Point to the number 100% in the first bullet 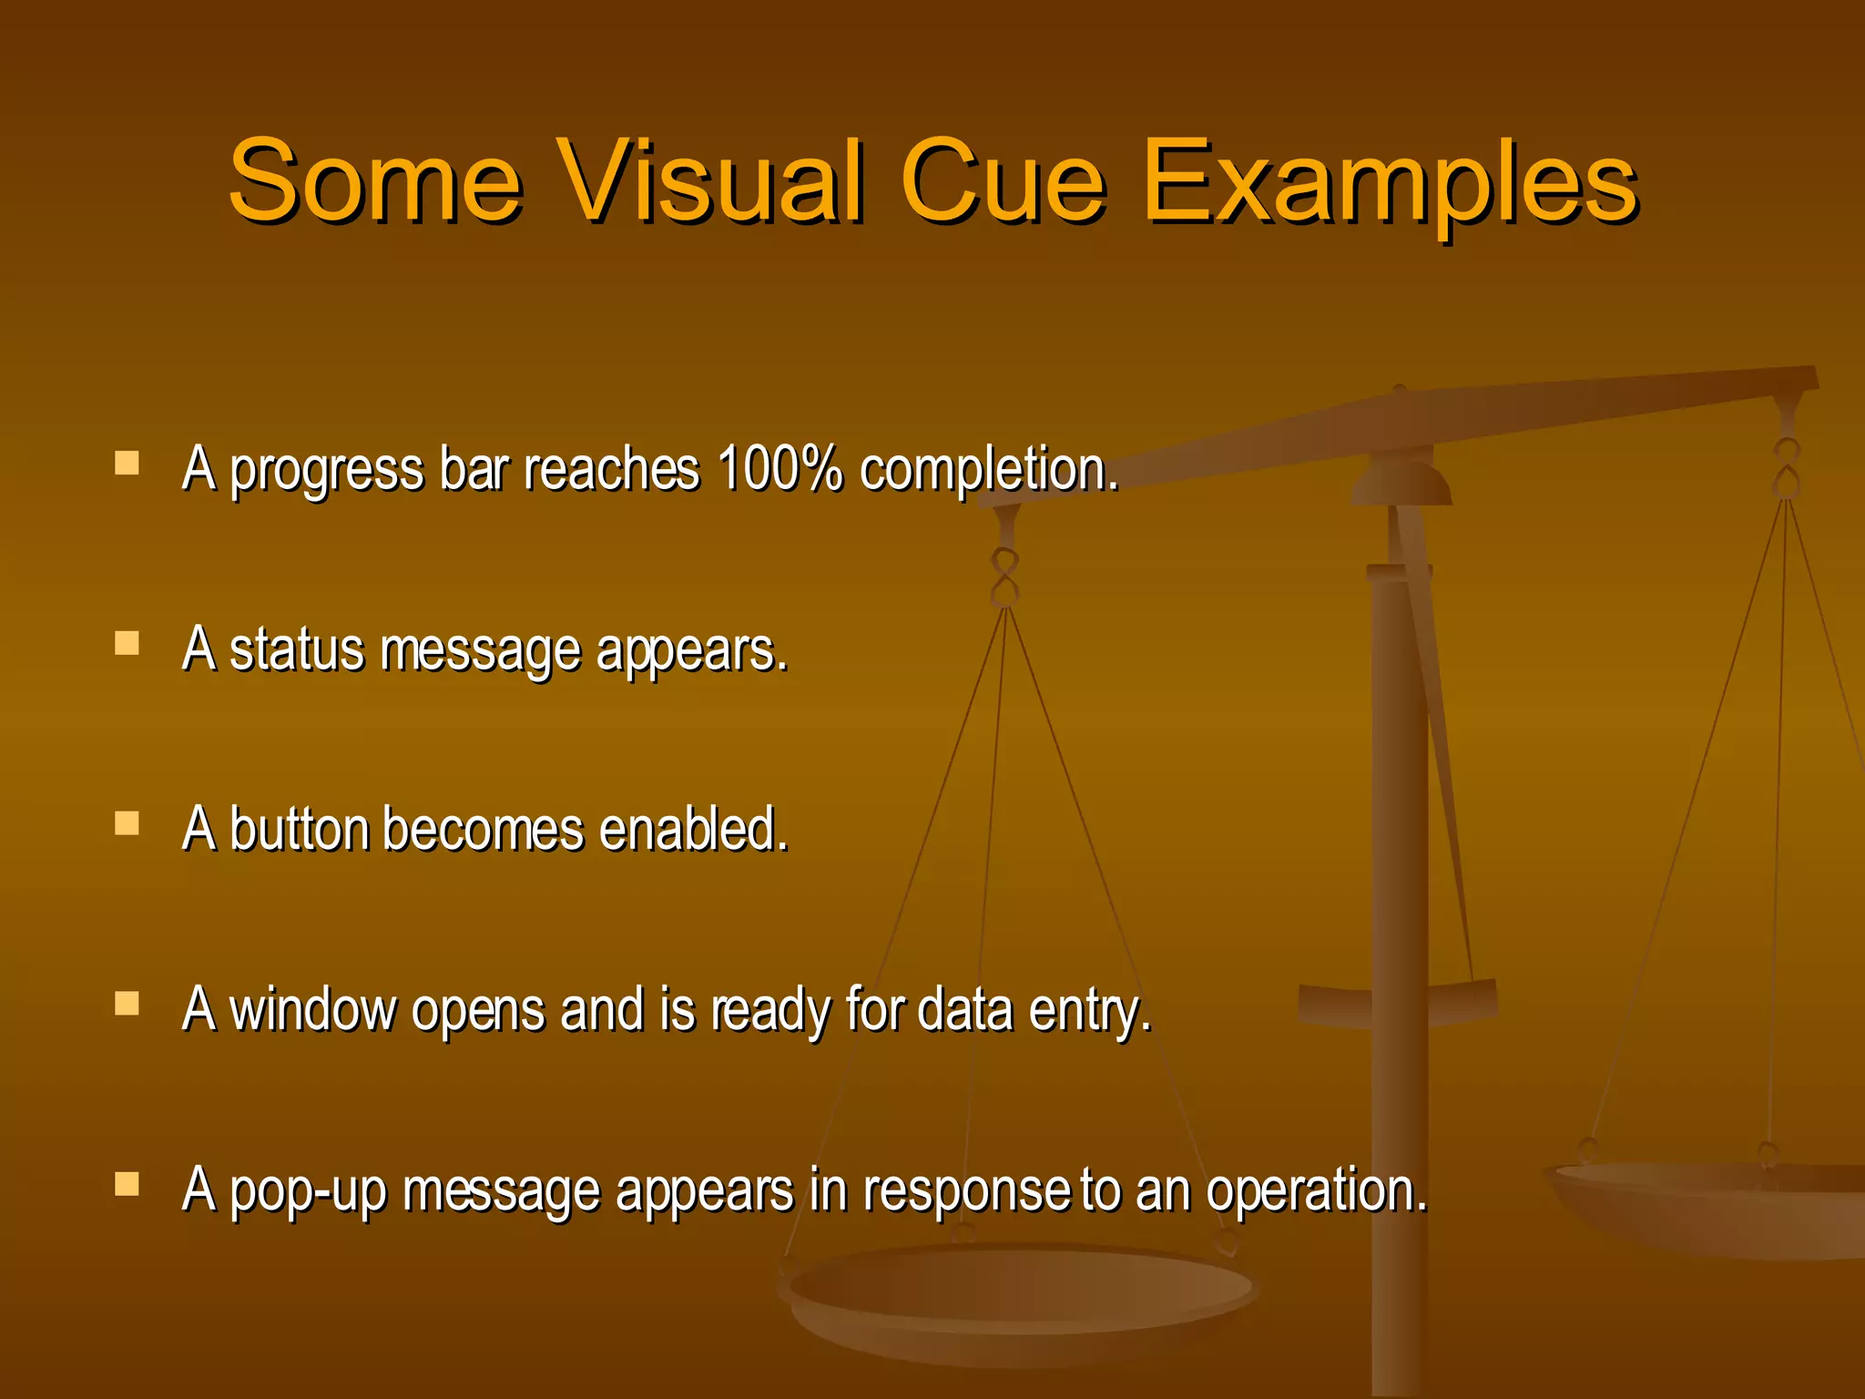pos(780,469)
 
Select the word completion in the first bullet pos(988,472)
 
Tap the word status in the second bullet pos(296,651)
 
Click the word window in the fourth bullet pos(312,1009)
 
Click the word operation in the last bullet pos(1316,1190)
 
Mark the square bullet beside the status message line pos(127,644)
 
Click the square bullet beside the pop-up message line pos(127,1183)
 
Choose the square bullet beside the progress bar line pos(127,464)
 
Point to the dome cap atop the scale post pos(1401,480)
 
